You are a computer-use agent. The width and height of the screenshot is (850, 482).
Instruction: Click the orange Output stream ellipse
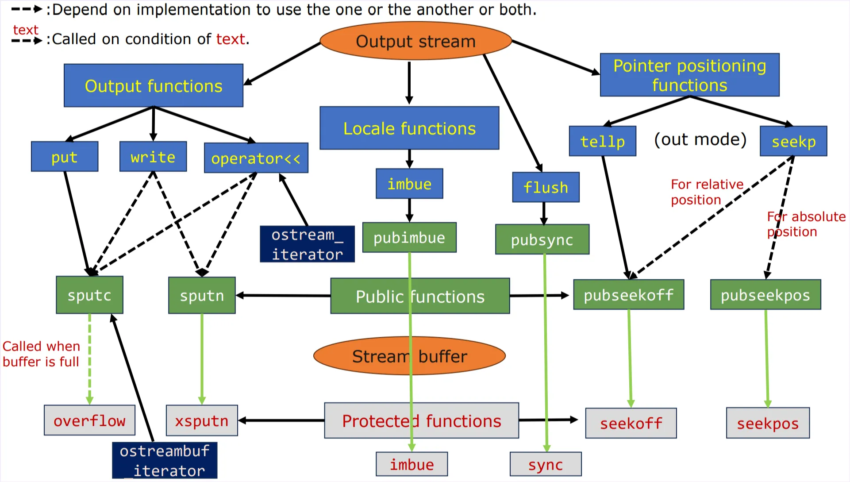pyautogui.click(x=415, y=41)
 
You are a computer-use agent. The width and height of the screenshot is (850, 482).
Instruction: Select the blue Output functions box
pyautogui.click(x=153, y=85)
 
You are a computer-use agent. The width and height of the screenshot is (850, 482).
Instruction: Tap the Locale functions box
pyautogui.click(x=409, y=128)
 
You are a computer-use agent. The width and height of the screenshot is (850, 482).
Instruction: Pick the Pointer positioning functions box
pyautogui.click(x=689, y=75)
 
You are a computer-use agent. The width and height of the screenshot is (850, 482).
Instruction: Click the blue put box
pyautogui.click(x=65, y=157)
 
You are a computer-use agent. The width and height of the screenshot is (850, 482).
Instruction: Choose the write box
pyautogui.click(x=153, y=157)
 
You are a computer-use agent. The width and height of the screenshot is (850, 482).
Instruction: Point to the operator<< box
pyautogui.click(x=256, y=158)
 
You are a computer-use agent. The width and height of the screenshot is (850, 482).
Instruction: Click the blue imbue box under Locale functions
pyautogui.click(x=409, y=184)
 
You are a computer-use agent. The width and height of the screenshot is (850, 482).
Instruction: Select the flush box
pyautogui.click(x=546, y=187)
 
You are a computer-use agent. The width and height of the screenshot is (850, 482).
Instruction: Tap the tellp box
pyautogui.click(x=602, y=141)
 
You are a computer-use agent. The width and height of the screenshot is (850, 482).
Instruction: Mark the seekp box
pyautogui.click(x=793, y=141)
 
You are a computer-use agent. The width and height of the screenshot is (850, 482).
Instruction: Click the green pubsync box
pyautogui.click(x=542, y=239)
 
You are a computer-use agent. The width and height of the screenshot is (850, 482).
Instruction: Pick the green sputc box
pyautogui.click(x=89, y=295)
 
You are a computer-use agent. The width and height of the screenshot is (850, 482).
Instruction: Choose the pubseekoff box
pyautogui.click(x=628, y=295)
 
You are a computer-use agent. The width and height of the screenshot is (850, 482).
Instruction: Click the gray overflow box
pyautogui.click(x=89, y=420)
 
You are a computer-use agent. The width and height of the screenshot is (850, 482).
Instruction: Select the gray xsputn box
pyautogui.click(x=202, y=420)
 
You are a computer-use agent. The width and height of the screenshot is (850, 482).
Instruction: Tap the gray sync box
pyautogui.click(x=546, y=464)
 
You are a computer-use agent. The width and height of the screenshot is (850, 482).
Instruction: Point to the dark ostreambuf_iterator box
pyautogui.click(x=165, y=460)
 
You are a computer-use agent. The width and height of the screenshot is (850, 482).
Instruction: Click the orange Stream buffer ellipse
pyautogui.click(x=409, y=356)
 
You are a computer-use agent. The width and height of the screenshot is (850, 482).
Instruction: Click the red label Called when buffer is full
pyautogui.click(x=41, y=354)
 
